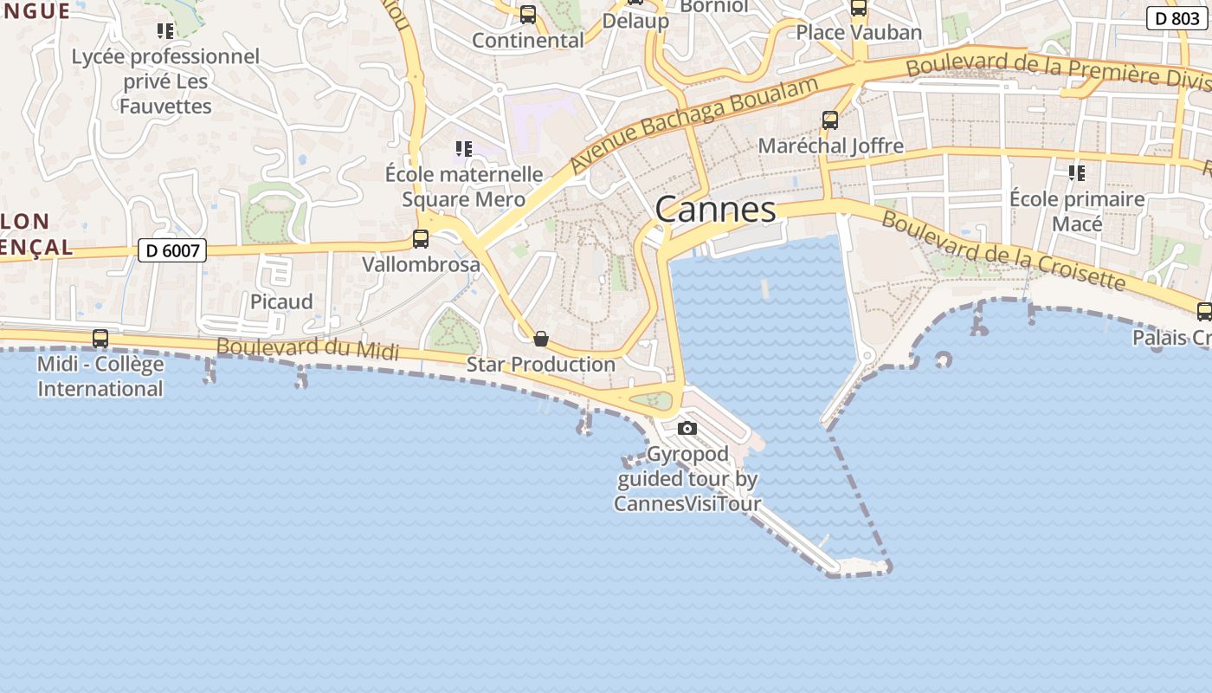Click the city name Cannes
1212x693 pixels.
[715, 210]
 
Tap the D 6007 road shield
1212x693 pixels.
[172, 251]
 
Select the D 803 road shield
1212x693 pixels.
[1177, 18]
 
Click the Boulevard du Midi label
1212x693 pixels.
[307, 348]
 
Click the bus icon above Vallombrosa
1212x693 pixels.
[421, 239]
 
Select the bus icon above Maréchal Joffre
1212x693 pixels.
[830, 120]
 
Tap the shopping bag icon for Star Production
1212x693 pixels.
[541, 339]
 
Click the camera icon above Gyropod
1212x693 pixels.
[687, 428]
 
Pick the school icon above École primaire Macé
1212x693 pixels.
[1077, 173]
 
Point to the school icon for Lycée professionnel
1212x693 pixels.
[165, 31]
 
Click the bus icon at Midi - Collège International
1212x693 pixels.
[100, 339]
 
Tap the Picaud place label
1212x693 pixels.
[281, 302]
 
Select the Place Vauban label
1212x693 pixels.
[859, 32]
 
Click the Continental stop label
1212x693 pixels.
[528, 41]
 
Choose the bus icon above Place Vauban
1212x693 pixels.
[859, 9]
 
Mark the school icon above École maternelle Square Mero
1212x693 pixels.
[464, 149]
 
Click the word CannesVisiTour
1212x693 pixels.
[687, 503]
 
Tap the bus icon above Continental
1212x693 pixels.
[528, 15]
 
